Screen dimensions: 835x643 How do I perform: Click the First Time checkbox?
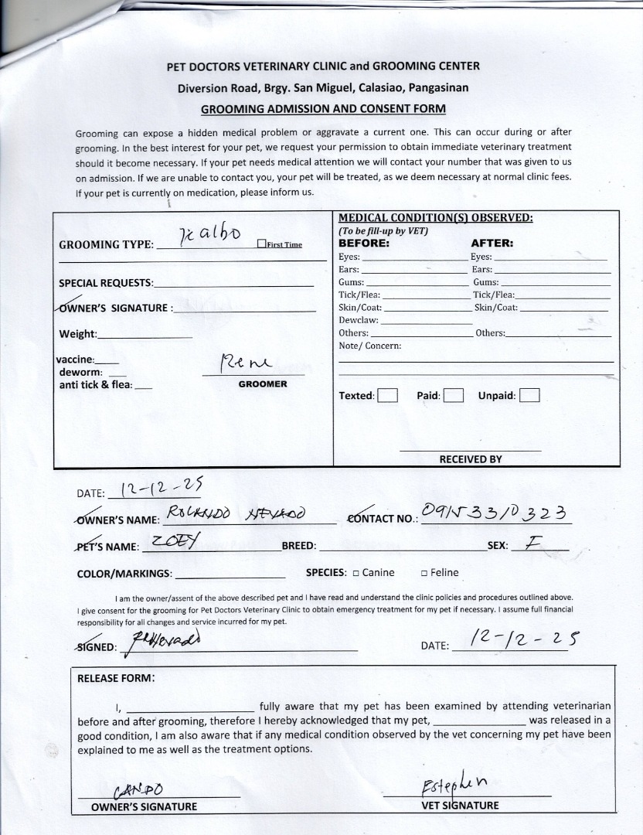click(261, 244)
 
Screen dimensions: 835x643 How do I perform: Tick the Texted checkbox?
click(388, 396)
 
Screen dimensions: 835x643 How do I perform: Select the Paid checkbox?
click(454, 396)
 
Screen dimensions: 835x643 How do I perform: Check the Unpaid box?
click(529, 396)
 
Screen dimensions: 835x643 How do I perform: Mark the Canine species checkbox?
click(356, 573)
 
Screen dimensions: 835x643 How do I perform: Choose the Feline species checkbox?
click(424, 573)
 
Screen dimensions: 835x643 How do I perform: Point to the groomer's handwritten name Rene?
click(247, 361)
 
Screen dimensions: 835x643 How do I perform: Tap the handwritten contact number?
click(495, 512)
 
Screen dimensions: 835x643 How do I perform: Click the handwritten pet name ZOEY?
click(176, 543)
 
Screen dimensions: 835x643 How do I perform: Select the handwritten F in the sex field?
click(530, 543)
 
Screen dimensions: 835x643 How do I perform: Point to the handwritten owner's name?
click(236, 514)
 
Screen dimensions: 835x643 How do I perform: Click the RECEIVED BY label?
click(471, 459)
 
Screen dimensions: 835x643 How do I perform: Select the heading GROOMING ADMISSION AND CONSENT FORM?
click(323, 108)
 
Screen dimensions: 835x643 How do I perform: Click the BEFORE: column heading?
click(364, 243)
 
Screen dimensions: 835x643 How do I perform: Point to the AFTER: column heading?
click(492, 243)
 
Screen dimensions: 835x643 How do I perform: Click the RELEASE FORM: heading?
click(116, 678)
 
